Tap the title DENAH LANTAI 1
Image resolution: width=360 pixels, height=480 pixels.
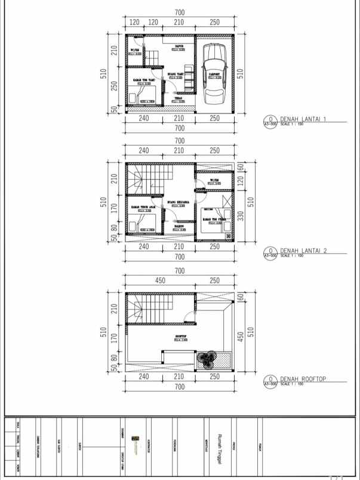click(303, 119)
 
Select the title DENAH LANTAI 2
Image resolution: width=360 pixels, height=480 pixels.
click(303, 251)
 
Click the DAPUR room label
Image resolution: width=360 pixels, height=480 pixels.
click(179, 45)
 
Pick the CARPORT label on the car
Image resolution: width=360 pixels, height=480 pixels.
click(214, 75)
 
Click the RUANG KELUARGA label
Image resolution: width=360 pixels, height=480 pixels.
click(179, 202)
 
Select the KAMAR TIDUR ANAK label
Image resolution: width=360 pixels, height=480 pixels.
click(143, 207)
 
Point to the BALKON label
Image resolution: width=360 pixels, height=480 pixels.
click(179, 226)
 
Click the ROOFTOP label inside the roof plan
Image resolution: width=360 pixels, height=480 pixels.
click(181, 336)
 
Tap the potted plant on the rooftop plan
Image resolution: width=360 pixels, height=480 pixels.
click(207, 359)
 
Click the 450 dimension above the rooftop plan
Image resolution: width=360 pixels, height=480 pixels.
click(161, 281)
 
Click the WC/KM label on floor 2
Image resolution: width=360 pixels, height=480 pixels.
click(214, 180)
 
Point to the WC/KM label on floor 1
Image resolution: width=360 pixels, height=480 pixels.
click(134, 50)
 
